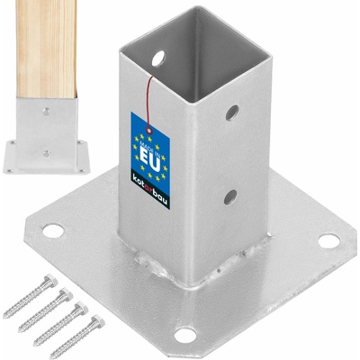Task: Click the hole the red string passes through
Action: click(158, 58)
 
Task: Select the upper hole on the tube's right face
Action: click(232, 112)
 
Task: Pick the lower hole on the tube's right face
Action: click(230, 196)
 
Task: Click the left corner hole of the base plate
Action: click(53, 230)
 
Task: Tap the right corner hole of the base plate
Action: click(328, 241)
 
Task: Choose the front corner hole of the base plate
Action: click(185, 335)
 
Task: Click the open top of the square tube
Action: click(193, 36)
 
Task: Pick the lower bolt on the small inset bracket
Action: click(46, 153)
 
